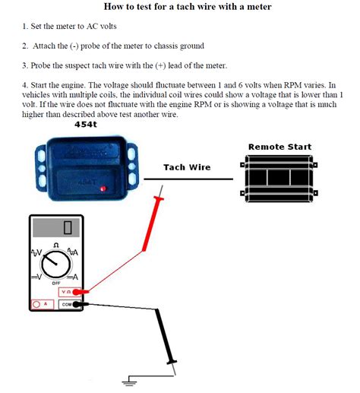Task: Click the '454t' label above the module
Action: [x=86, y=124]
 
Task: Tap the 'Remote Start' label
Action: [x=279, y=147]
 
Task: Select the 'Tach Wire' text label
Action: [x=187, y=167]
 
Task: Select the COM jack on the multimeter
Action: [x=67, y=304]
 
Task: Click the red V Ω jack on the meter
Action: [x=67, y=291]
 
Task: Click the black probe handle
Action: [x=166, y=334]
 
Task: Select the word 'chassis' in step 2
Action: [x=187, y=46]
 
